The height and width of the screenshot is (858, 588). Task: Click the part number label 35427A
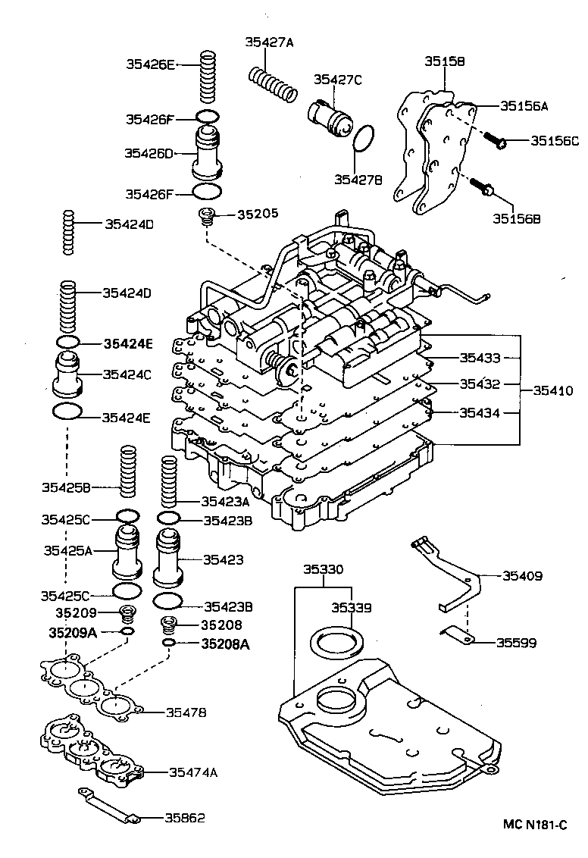[268, 42]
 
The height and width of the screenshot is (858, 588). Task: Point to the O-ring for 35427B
[364, 138]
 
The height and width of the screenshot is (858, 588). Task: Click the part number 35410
[552, 390]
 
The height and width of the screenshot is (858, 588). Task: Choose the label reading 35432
[478, 384]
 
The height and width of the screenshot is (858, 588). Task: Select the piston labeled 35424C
[68, 374]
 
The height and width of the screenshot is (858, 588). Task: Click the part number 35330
[323, 569]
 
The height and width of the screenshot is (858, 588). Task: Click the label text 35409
[522, 576]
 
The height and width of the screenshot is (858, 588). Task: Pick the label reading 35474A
[193, 772]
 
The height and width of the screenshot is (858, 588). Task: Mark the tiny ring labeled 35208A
[170, 643]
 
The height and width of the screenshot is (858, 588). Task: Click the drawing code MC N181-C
[535, 824]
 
